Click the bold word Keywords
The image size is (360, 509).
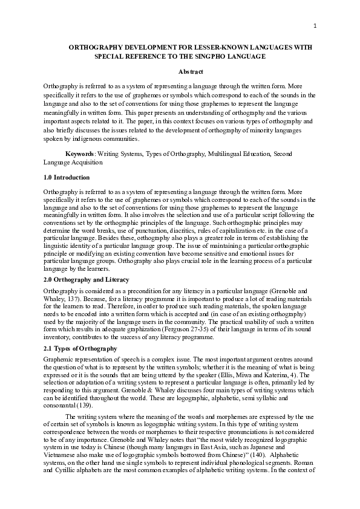(x=79, y=154)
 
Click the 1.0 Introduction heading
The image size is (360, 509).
(x=67, y=177)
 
